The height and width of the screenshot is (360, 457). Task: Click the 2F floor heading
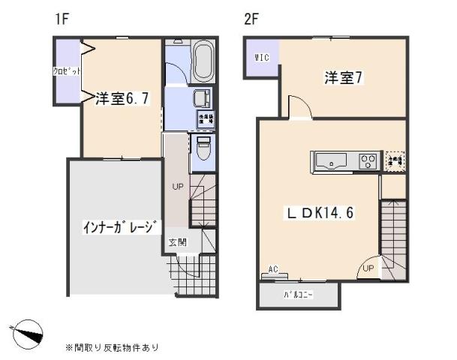click(251, 19)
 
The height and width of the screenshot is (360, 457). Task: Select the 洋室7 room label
click(344, 76)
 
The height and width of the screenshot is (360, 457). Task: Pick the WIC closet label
click(261, 56)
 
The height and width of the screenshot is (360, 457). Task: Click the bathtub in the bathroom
click(202, 63)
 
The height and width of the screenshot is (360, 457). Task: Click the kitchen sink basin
click(331, 160)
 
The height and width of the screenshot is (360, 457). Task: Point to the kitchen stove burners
click(367, 160)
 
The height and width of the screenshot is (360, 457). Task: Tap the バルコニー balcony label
click(298, 295)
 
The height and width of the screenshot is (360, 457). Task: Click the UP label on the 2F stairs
click(368, 268)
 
